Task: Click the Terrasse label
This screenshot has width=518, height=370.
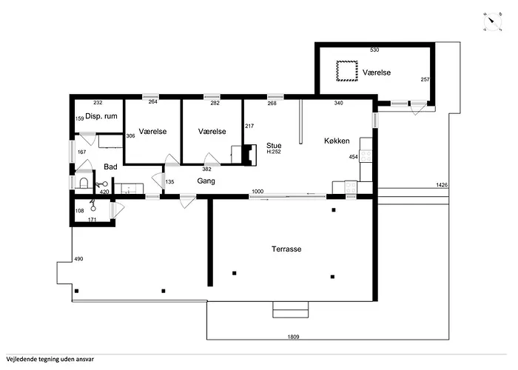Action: [286, 249]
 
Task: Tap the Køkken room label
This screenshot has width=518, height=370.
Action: [337, 141]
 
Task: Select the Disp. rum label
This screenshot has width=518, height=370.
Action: [101, 116]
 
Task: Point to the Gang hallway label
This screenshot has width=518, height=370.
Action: [206, 181]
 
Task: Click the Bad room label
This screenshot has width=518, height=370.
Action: [110, 166]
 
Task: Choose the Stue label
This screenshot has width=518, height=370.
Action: [274, 146]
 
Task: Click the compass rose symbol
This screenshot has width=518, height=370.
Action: [493, 22]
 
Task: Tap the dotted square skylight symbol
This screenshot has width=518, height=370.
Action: [347, 71]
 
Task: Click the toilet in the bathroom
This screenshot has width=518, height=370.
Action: [84, 183]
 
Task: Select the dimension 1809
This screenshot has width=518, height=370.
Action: [293, 337]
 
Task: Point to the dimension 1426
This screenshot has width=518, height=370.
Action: [442, 185]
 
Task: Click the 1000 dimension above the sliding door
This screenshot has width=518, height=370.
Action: [258, 191]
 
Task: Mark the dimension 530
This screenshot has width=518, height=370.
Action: [374, 50]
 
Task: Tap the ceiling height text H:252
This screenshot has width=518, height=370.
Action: [274, 152]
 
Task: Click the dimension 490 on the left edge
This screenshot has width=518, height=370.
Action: [78, 259]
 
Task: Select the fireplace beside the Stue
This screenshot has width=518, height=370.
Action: [250, 154]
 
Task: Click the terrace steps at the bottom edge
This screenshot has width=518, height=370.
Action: [290, 309]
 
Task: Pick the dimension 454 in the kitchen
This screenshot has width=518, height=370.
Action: [353, 157]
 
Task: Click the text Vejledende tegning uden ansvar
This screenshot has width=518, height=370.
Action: [50, 359]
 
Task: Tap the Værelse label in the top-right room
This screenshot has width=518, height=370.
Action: [377, 73]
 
